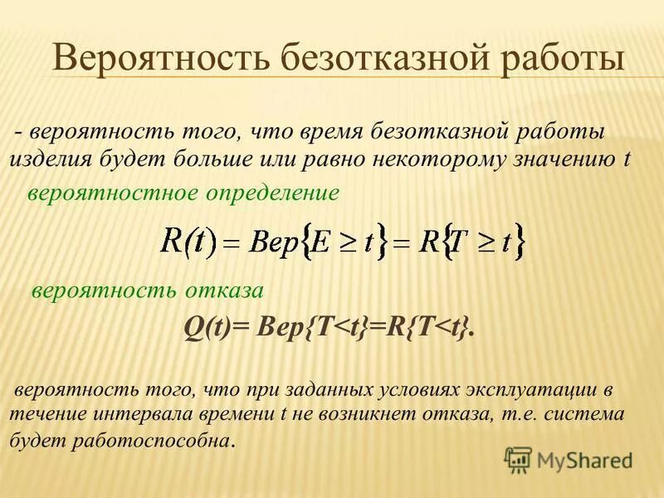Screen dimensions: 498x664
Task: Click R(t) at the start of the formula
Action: click(188, 242)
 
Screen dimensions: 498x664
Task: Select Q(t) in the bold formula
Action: click(205, 329)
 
